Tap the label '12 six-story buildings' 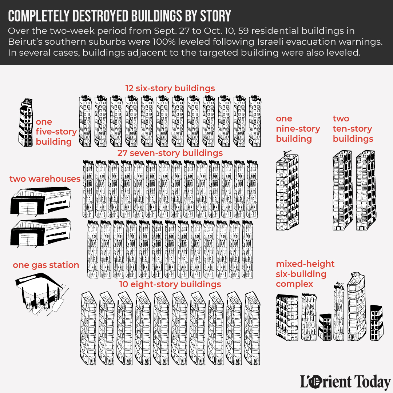[x=170, y=88]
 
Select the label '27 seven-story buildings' [x=170, y=153]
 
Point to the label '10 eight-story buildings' [x=170, y=284]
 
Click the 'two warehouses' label [x=45, y=179]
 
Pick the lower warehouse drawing [x=41, y=233]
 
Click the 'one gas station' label [x=46, y=265]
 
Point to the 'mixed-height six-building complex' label [x=305, y=274]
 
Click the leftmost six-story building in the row [x=85, y=121]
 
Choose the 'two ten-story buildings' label [x=353, y=129]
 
